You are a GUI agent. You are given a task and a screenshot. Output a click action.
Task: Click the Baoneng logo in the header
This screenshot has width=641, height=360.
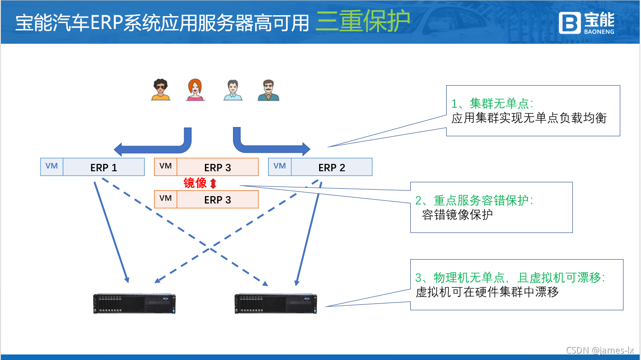tap(586, 23)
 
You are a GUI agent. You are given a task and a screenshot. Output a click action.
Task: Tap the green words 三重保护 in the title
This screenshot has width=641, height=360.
tap(362, 23)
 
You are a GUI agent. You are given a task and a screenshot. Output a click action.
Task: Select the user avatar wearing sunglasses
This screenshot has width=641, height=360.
tap(160, 90)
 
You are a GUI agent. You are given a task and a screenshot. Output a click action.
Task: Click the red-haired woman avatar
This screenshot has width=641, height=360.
tap(195, 90)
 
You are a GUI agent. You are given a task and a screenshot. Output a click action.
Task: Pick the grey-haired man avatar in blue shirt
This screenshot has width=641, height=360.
tap(233, 90)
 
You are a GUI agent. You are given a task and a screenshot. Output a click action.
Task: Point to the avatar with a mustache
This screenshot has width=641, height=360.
tap(268, 90)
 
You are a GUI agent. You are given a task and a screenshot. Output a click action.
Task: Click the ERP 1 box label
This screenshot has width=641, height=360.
tap(104, 168)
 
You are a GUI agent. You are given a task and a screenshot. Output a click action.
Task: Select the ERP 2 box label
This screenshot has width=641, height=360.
tap(332, 168)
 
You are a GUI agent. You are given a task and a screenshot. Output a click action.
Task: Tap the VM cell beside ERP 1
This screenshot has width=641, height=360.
tap(52, 166)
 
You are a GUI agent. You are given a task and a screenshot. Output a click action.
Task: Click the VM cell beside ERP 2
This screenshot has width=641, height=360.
tap(280, 166)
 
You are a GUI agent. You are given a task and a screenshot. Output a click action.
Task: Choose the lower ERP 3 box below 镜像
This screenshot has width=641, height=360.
tap(217, 200)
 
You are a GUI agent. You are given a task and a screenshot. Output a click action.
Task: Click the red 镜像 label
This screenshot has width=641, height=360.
tap(195, 183)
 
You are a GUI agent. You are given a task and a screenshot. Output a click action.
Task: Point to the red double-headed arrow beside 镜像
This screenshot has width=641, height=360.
tap(213, 184)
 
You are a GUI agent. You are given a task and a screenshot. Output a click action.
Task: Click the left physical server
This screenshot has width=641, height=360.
tap(134, 303)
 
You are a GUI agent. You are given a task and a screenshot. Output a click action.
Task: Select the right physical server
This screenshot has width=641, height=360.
tap(275, 303)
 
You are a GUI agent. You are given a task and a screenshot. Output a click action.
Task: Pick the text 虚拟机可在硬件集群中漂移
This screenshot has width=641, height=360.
tap(487, 292)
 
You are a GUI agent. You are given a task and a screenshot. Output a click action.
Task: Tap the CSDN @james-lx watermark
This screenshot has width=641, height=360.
tap(600, 350)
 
